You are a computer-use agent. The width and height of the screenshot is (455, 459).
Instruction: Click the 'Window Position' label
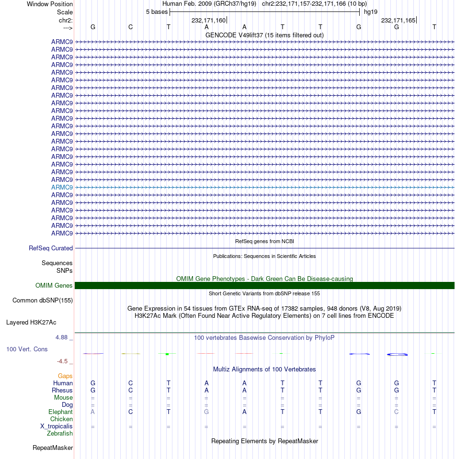tap(50, 4)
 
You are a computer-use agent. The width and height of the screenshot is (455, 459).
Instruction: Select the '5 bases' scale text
tap(157, 11)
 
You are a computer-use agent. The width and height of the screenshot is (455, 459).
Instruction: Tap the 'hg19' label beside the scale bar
tap(371, 11)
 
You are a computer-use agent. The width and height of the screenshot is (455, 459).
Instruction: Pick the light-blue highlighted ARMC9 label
tap(62, 187)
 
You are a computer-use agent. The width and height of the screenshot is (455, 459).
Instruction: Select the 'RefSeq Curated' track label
tap(51, 248)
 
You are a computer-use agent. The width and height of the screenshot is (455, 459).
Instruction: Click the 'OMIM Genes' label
tap(54, 286)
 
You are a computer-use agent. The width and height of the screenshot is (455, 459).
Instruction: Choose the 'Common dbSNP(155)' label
tap(42, 301)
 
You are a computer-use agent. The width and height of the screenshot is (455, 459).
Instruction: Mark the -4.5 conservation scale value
tap(65, 361)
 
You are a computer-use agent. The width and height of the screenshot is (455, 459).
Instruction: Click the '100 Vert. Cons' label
tap(27, 349)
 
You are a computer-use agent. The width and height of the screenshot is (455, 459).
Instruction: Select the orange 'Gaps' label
tap(66, 376)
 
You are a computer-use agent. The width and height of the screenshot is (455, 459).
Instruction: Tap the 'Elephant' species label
tap(60, 412)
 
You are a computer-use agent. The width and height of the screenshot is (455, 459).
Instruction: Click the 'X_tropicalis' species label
tap(57, 426)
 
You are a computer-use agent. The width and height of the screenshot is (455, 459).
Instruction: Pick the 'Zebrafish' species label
tap(60, 434)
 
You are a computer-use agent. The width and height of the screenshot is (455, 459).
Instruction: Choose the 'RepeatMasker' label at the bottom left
tap(53, 448)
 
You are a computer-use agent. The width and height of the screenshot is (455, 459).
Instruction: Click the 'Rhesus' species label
tap(62, 391)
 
